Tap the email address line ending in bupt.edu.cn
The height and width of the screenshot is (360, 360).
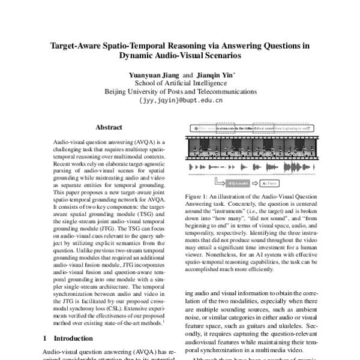tap(180, 101)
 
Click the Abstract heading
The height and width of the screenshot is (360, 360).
tap(109, 127)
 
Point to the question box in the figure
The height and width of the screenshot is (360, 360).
tap(252, 128)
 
